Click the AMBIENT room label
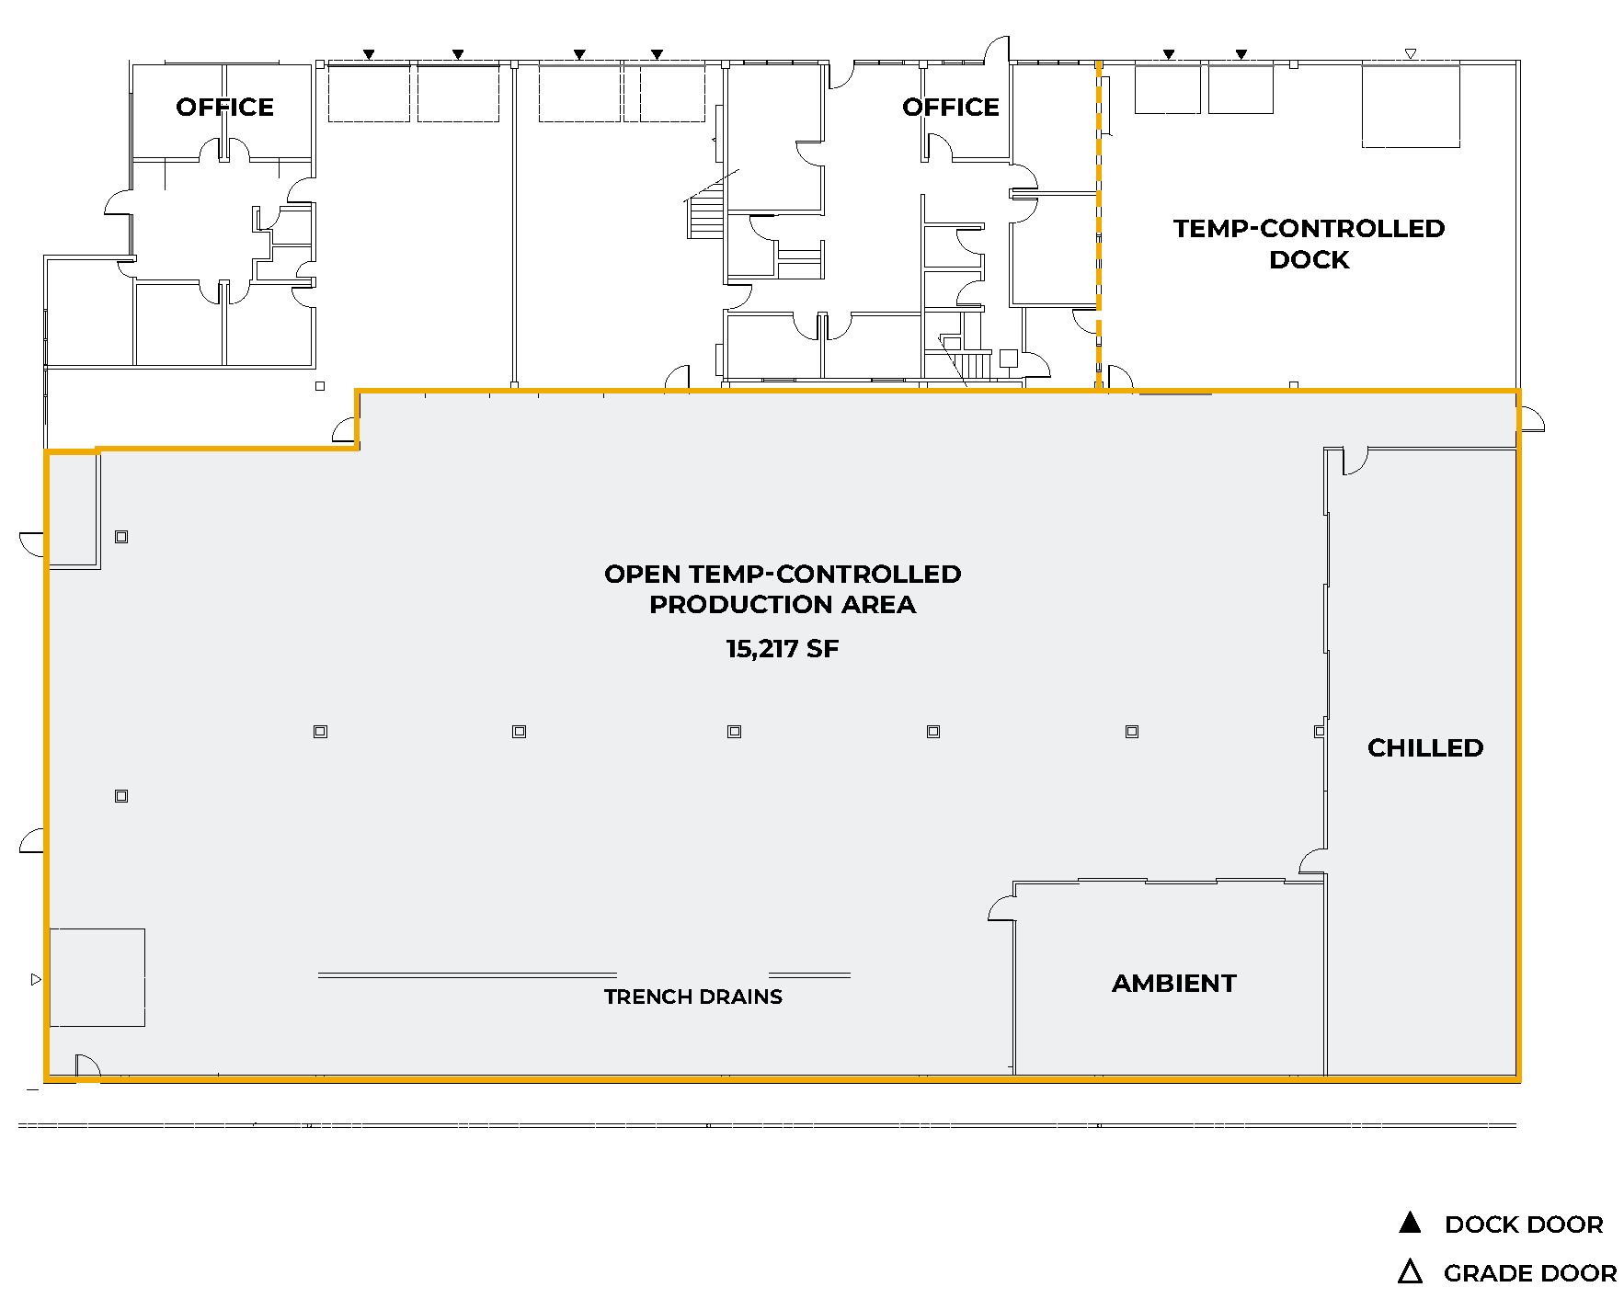coord(1173,983)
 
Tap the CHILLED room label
coord(1425,747)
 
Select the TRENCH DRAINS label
coord(693,997)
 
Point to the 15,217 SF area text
coord(783,649)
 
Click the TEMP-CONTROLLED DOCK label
coord(1309,244)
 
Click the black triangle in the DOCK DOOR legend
coord(1410,1223)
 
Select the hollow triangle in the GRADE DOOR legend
coord(1410,1271)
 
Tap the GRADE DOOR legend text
coord(1530,1273)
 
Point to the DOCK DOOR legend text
coord(1524,1225)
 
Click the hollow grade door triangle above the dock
coord(1411,54)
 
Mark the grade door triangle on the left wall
coord(36,979)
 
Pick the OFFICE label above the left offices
coord(224,108)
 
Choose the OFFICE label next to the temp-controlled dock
coord(950,108)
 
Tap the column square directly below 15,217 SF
coord(734,732)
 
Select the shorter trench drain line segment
coord(809,974)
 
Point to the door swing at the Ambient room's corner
coord(1001,907)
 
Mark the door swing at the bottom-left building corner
coord(88,1065)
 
